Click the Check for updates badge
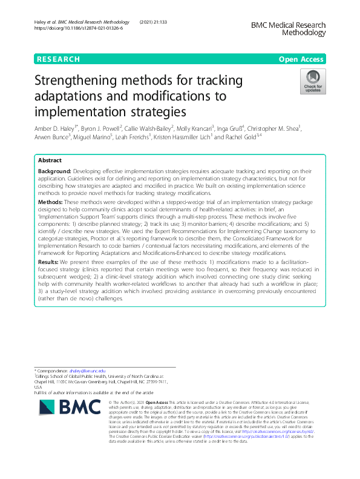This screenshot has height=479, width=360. (x=312, y=82)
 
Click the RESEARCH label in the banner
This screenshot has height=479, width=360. (x=58, y=59)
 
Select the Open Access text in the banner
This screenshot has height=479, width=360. (x=302, y=59)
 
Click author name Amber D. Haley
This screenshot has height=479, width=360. (x=57, y=129)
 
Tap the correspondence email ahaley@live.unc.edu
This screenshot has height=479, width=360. (x=88, y=370)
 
